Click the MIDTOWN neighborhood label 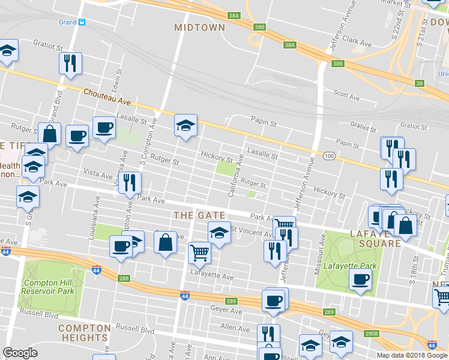point(200,28)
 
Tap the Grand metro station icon point(82,22)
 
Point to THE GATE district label point(199,215)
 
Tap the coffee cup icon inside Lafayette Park point(361,280)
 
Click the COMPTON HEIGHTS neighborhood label point(85,332)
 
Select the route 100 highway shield point(328,156)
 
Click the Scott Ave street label point(346,94)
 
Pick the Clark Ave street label point(358,43)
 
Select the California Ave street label point(235,175)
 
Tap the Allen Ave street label point(235,328)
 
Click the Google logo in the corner point(20,353)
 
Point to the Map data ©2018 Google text point(412,355)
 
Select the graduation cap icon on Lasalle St point(185,125)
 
